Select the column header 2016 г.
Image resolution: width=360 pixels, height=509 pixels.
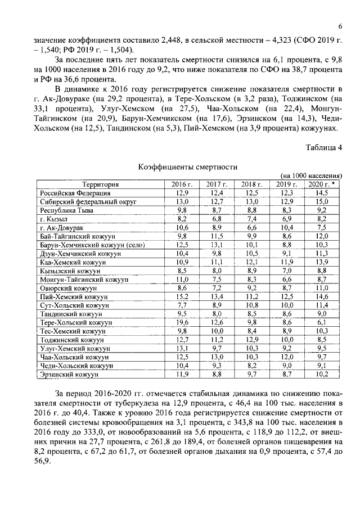[x=182, y=184]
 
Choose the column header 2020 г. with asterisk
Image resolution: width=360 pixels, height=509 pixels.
[x=322, y=184]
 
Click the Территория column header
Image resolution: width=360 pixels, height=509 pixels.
[x=100, y=184]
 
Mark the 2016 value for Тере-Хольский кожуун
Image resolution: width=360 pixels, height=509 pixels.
[x=182, y=322]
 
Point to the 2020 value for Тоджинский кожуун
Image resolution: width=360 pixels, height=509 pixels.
[x=322, y=339]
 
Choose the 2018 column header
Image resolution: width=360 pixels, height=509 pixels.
[x=251, y=184]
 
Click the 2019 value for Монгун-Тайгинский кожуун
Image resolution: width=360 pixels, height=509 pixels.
[x=286, y=279]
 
